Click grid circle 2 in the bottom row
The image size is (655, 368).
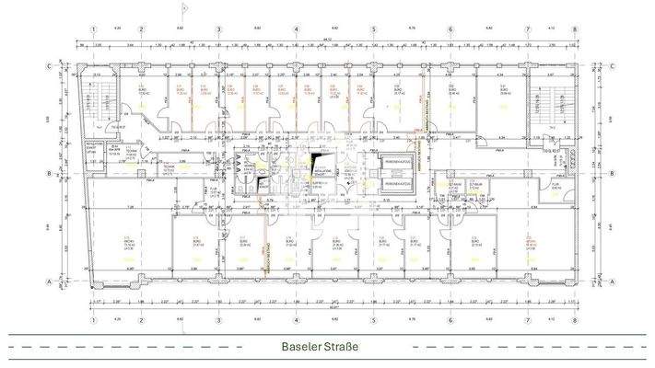(x=141, y=321)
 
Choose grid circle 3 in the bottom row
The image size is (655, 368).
(x=218, y=321)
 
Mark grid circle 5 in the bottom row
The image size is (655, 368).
(x=373, y=321)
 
